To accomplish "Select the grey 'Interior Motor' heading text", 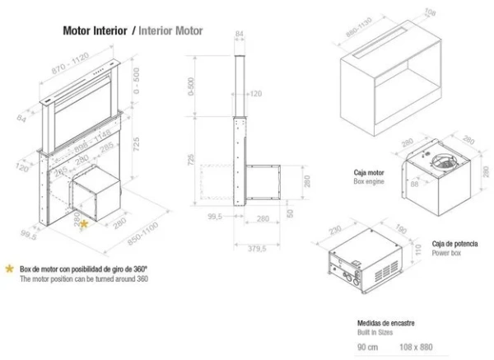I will tap(170, 30).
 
